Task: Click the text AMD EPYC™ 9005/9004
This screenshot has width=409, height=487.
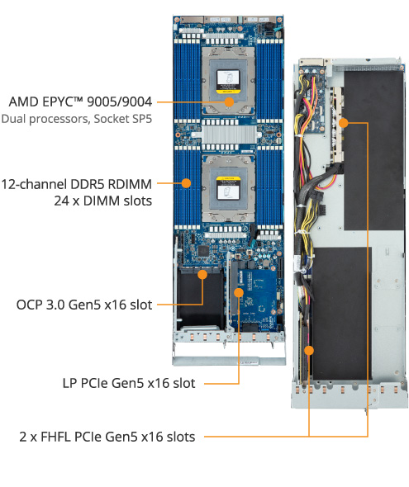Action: pos(82,102)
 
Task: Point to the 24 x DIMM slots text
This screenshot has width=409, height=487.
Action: pos(102,201)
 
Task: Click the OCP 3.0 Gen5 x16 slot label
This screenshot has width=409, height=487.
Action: pos(84,305)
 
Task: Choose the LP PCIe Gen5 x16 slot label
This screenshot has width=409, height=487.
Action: pos(129,383)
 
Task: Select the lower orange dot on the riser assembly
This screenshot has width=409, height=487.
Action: pos(310,350)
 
